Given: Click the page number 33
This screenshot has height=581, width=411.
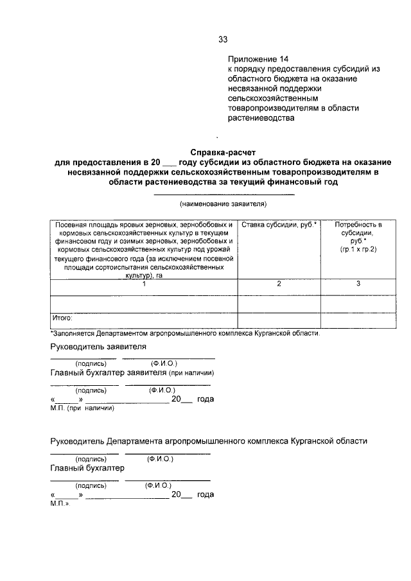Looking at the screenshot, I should [x=223, y=39].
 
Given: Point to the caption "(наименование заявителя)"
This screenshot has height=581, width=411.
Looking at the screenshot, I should [x=223, y=204].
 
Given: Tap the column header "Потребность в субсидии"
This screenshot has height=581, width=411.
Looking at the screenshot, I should [x=358, y=236].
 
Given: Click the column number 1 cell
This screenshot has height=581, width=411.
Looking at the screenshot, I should [x=144, y=283].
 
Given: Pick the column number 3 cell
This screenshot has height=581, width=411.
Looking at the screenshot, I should [x=358, y=283].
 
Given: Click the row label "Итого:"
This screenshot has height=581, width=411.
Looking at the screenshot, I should [x=62, y=317].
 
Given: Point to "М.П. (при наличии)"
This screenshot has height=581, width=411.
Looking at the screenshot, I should [x=82, y=407].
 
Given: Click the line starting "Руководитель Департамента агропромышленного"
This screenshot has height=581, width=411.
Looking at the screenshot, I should [x=209, y=442].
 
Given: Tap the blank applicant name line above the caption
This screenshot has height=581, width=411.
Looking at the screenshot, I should [x=223, y=194].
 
